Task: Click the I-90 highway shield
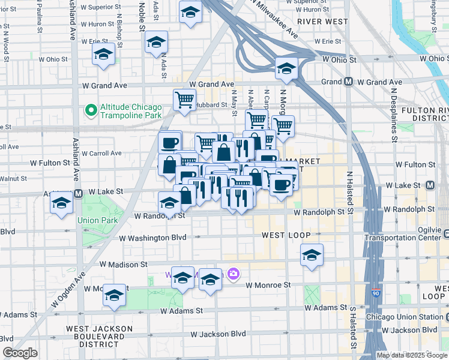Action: coord(376,293)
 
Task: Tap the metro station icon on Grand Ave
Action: coord(348,82)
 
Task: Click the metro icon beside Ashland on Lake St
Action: coord(78,193)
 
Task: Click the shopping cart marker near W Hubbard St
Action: coord(184,99)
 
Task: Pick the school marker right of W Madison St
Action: coord(312,255)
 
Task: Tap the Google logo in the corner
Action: coord(20,353)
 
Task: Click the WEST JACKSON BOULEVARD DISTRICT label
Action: coord(100,336)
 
